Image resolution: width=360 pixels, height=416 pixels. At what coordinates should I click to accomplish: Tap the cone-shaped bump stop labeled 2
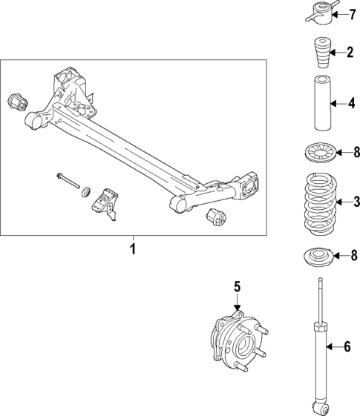point(318,56)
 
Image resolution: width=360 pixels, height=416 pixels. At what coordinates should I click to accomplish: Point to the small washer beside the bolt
point(85,191)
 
